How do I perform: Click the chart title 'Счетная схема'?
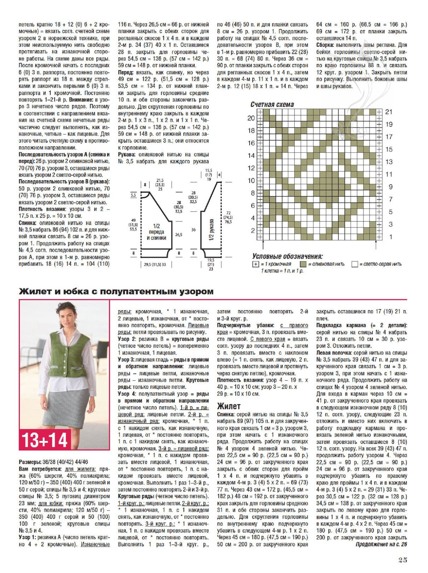[272, 104]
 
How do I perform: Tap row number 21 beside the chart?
[389, 112]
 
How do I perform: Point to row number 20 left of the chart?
[251, 118]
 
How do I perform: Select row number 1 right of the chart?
[390, 237]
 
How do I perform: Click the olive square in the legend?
[303, 264]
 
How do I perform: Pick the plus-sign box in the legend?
[255, 264]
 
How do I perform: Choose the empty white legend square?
[355, 264]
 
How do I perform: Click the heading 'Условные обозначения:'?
[287, 256]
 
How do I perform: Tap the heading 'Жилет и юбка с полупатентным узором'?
[116, 291]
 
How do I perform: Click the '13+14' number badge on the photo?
[45, 440]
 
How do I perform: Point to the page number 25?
[403, 560]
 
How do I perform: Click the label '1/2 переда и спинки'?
[157, 232]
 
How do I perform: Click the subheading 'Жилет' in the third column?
[229, 406]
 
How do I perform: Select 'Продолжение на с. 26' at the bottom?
[381, 544]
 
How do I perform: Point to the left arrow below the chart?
[263, 245]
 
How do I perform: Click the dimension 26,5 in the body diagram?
[179, 234]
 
